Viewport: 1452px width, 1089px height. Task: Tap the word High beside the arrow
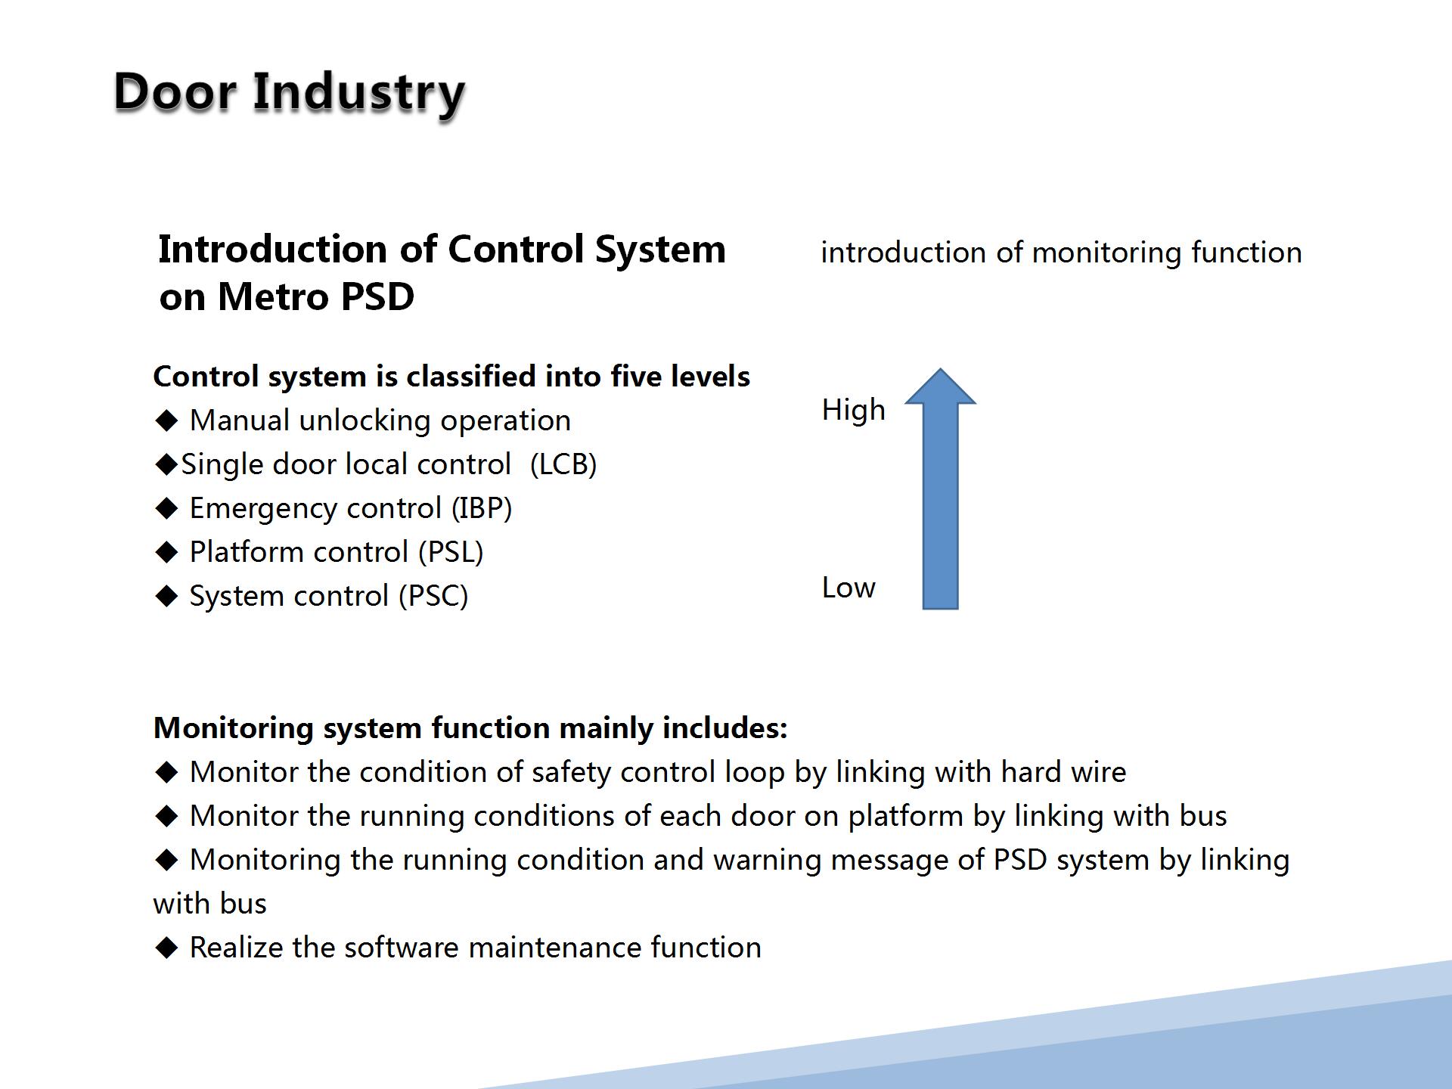[853, 410]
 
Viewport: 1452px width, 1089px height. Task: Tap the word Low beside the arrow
[849, 588]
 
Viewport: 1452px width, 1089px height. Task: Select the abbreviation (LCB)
[563, 464]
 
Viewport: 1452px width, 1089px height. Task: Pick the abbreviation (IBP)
[482, 508]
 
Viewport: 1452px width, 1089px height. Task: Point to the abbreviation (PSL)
[451, 552]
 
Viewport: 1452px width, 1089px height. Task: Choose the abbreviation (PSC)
[434, 596]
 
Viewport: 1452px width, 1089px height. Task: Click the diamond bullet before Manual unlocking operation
[166, 420]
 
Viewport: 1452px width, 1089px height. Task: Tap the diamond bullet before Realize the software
[166, 948]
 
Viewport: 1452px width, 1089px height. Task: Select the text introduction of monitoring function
[1062, 253]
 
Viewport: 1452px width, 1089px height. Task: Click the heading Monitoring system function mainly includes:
[470, 728]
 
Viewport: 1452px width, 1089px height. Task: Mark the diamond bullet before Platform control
[166, 552]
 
